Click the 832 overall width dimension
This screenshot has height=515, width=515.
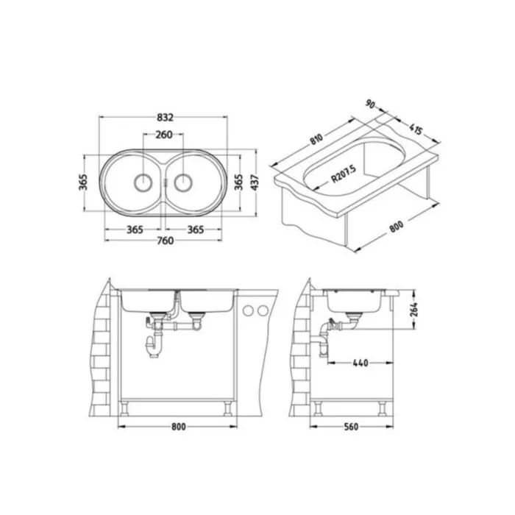(x=165, y=117)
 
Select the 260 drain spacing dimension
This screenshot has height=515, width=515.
(x=164, y=135)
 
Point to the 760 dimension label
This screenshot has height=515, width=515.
(x=165, y=241)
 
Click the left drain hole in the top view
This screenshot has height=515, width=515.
(x=143, y=182)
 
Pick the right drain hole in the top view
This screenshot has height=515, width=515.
(x=183, y=182)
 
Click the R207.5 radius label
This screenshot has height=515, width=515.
(x=344, y=174)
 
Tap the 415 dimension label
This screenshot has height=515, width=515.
(x=416, y=129)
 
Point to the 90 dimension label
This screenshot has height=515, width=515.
(x=370, y=104)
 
